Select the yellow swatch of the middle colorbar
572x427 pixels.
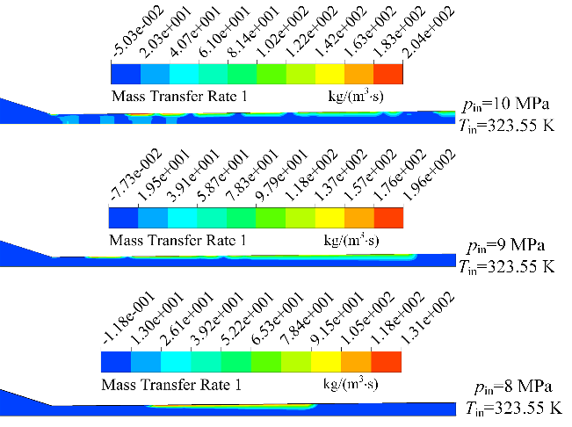(329, 217)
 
